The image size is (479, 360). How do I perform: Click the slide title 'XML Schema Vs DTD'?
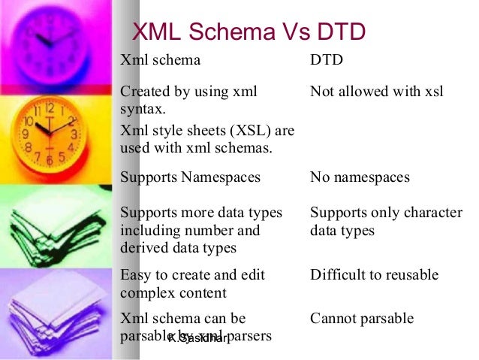point(249,32)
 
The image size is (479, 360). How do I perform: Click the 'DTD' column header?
point(326,60)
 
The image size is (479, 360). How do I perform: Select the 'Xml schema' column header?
point(160,60)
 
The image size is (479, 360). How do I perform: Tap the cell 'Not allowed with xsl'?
point(376,92)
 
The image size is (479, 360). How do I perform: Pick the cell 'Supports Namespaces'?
point(190,177)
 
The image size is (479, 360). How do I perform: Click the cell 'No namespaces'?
point(360,177)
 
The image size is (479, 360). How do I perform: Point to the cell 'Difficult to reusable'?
point(374,275)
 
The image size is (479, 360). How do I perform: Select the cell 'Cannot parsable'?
point(361,319)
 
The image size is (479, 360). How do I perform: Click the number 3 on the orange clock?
point(74,135)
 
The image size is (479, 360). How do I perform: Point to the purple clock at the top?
point(53,38)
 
